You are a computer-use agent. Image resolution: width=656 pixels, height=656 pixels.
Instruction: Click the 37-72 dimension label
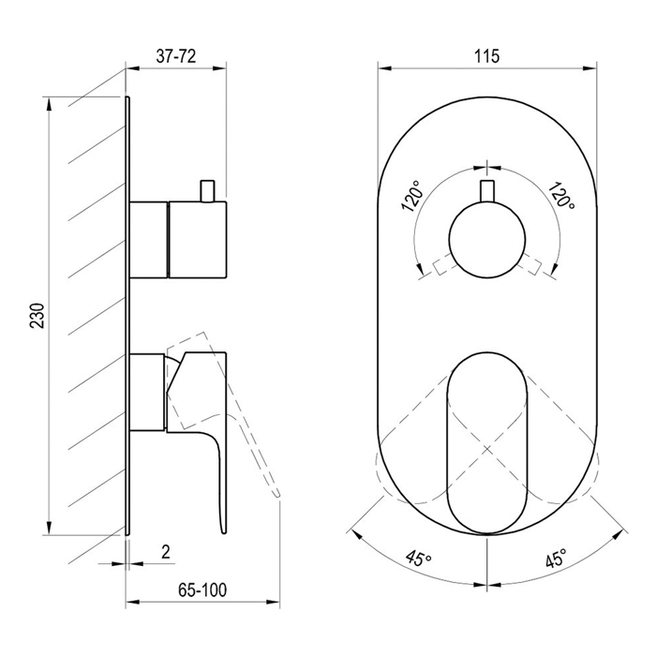176,56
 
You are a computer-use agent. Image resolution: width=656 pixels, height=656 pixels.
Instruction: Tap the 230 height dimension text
37,315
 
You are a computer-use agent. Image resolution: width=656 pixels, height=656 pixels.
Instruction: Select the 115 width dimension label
486,56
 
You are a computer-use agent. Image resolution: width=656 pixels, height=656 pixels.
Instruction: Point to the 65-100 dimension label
202,589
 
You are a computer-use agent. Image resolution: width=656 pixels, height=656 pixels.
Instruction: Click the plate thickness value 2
166,552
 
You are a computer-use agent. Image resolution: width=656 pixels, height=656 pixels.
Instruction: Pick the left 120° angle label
413,196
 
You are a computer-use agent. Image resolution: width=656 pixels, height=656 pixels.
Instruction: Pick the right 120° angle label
561,196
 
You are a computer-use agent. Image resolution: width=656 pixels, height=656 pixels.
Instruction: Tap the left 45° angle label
418,558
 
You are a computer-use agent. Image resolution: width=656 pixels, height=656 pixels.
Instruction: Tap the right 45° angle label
556,558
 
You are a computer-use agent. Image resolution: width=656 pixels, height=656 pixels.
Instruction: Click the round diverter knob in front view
487,239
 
